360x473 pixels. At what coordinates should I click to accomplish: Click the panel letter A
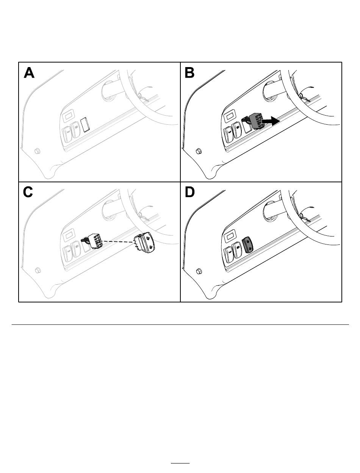29,72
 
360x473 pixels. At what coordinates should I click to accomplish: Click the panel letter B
190,72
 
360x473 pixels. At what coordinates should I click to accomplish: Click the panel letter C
28,192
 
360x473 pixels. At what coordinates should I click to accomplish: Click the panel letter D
190,192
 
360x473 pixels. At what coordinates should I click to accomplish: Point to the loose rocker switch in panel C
144,242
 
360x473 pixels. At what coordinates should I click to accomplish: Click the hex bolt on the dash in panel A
38,150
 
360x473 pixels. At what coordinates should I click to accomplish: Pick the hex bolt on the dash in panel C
38,270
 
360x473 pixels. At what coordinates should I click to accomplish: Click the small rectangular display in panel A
69,114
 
